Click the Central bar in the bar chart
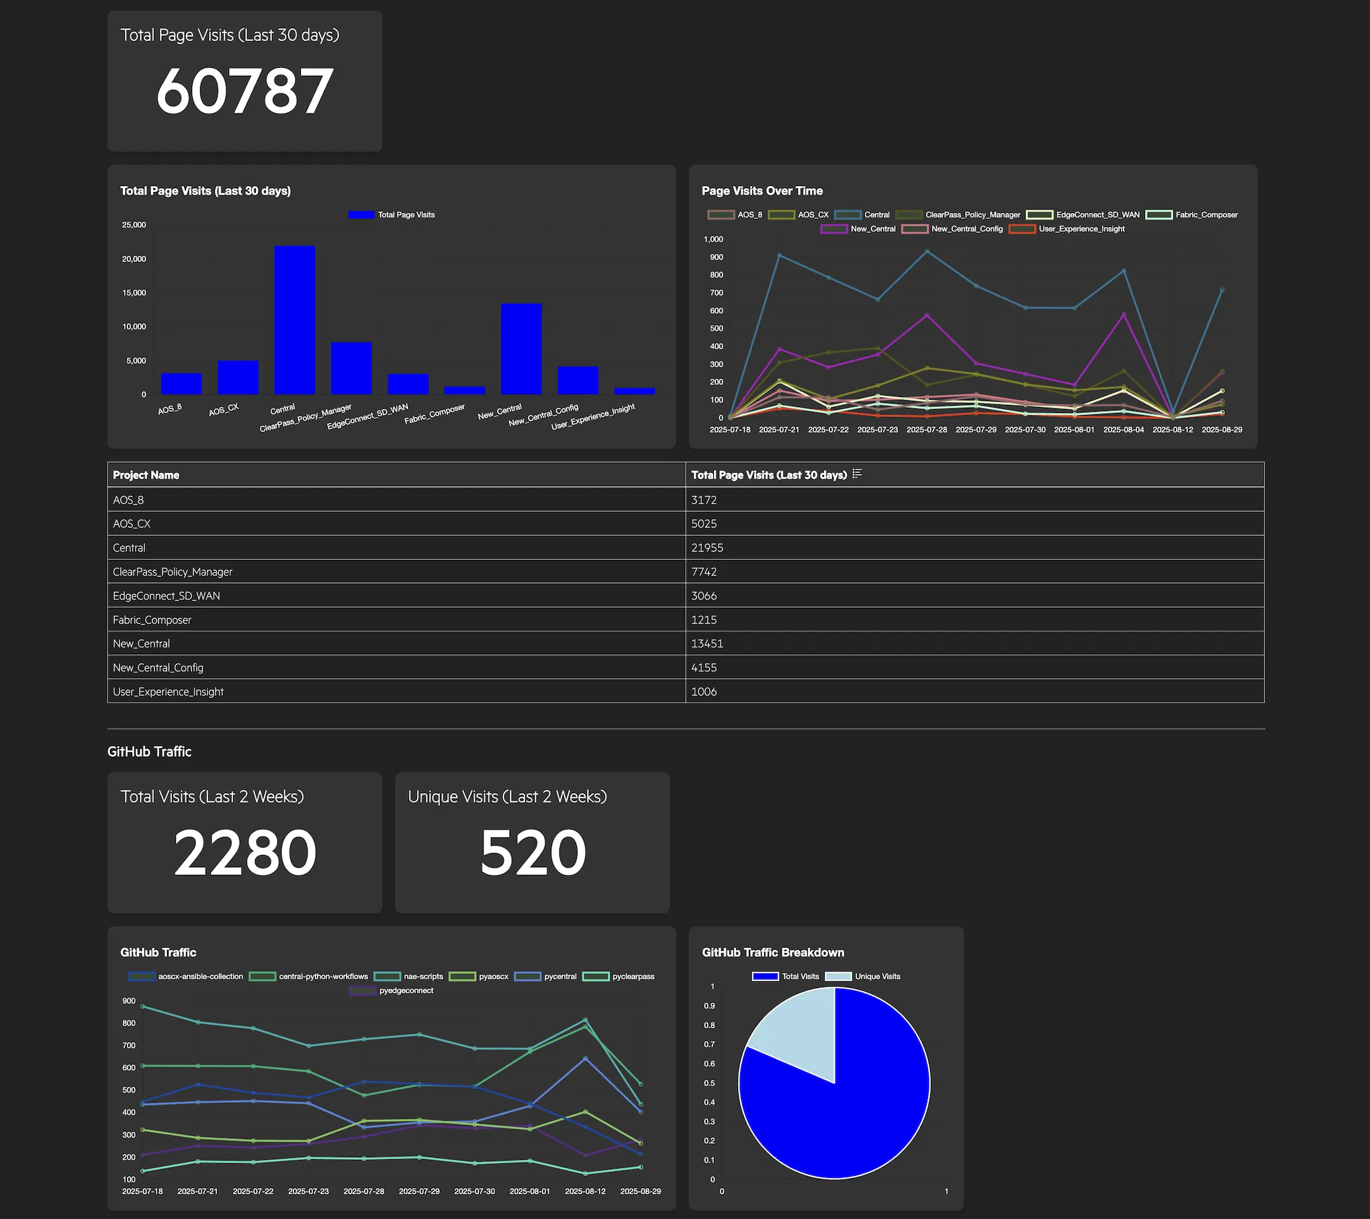tap(294, 320)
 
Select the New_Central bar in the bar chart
tap(521, 349)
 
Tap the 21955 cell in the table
tap(707, 547)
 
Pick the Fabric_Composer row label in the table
tap(152, 620)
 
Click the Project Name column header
tap(146, 475)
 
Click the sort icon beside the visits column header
tap(857, 474)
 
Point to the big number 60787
tap(244, 91)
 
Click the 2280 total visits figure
tap(244, 852)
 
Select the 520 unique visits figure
tap(533, 852)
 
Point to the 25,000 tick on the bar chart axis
tap(134, 225)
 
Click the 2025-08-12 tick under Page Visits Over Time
tap(1173, 430)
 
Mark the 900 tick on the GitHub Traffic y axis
tap(129, 1001)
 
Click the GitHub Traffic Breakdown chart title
tap(773, 952)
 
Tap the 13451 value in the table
tap(707, 643)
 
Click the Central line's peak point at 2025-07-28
tap(927, 252)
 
